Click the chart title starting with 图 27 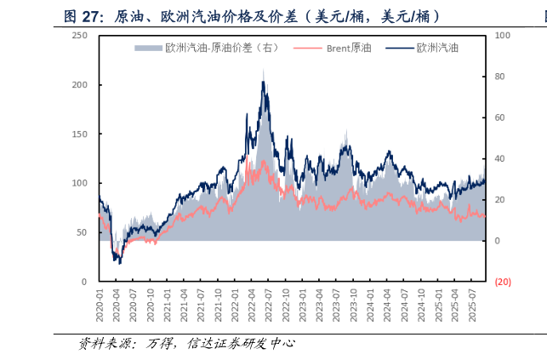pyautogui.click(x=252, y=16)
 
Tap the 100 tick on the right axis pyautogui.click(x=502, y=36)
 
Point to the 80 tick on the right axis pyautogui.click(x=500, y=77)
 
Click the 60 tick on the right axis pyautogui.click(x=500, y=117)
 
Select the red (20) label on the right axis pyautogui.click(x=502, y=282)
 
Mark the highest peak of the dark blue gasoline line pyautogui.click(x=263, y=81)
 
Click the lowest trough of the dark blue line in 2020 pyautogui.click(x=119, y=263)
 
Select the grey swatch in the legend pyautogui.click(x=148, y=49)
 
